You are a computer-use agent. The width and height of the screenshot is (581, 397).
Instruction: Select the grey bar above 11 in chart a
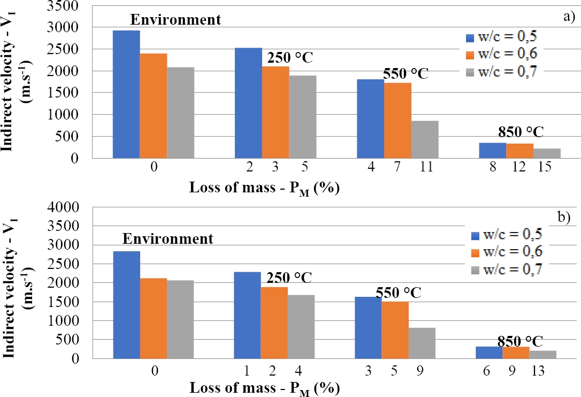pyautogui.click(x=425, y=139)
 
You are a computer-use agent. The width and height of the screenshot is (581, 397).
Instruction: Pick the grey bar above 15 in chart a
pyautogui.click(x=547, y=153)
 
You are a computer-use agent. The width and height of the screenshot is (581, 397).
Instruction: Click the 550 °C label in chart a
pyautogui.click(x=406, y=73)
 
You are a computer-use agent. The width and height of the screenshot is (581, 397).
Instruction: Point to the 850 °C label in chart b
pyautogui.click(x=521, y=341)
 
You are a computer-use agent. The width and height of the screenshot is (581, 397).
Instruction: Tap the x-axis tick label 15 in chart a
pyautogui.click(x=546, y=168)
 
